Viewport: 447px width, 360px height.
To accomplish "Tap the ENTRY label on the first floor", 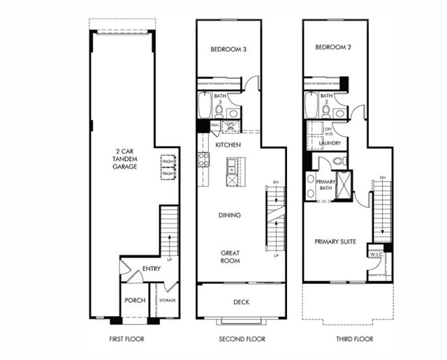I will click(152, 269).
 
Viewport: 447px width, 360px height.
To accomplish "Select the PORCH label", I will click(134, 301).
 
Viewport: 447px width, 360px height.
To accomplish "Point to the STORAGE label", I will click(167, 301).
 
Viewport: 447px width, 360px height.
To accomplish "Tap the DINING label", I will click(230, 216).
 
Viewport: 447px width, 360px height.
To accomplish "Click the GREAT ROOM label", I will click(230, 257).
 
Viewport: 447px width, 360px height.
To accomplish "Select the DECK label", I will click(241, 302).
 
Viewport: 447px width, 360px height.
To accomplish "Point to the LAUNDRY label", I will click(330, 143).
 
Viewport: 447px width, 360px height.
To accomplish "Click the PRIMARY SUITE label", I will click(335, 241).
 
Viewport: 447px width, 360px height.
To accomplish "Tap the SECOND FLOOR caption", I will click(241, 339).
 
